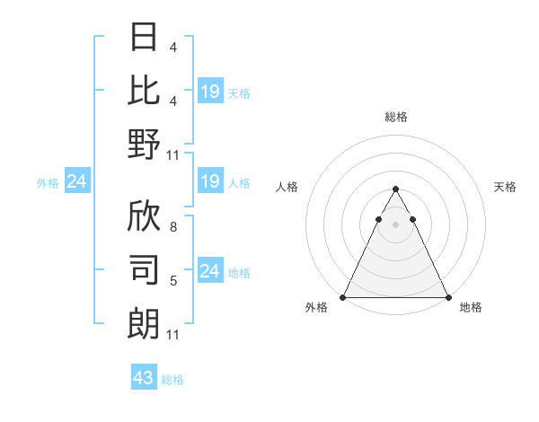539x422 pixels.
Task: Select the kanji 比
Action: pos(144,90)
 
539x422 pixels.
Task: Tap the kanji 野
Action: pos(144,144)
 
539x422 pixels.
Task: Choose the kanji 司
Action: pos(144,269)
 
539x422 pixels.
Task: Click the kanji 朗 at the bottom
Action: pos(144,323)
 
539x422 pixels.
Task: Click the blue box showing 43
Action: pos(143,378)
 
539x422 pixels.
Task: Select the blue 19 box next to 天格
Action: pos(209,91)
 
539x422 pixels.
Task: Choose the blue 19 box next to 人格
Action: pos(209,182)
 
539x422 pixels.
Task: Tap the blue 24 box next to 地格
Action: pos(209,271)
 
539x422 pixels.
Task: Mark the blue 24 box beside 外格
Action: pos(76,182)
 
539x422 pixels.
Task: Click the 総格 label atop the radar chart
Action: pos(395,117)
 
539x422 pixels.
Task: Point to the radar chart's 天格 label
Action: pos(505,187)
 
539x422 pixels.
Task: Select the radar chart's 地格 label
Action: pos(471,307)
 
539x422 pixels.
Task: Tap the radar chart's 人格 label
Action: pos(287,187)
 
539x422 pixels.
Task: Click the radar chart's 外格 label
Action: pos(316,307)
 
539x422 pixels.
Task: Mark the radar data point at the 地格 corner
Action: pos(448,297)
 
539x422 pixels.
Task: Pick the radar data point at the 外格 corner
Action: pos(342,297)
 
